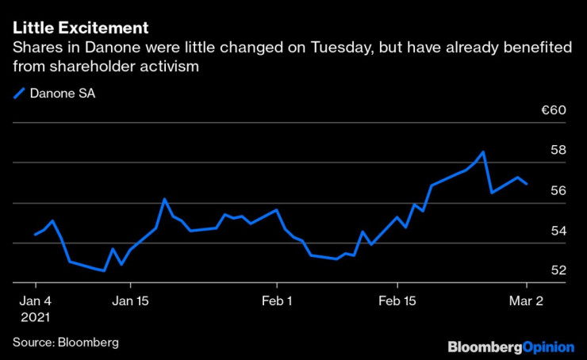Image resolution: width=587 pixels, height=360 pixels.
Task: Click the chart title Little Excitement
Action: (80, 28)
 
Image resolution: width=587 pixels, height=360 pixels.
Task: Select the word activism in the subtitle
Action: (163, 67)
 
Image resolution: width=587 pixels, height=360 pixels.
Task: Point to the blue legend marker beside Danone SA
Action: (19, 94)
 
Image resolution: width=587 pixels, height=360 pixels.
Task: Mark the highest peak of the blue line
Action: (483, 151)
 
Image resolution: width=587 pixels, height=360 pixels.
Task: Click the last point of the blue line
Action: (528, 184)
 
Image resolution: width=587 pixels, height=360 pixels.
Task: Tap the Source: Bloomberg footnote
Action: (65, 342)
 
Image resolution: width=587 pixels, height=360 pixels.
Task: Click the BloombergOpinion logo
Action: (512, 347)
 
